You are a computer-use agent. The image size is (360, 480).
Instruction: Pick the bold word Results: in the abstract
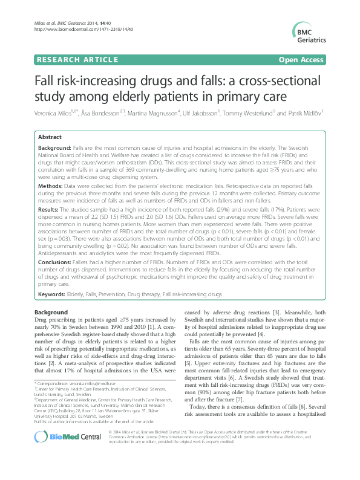point(51,207)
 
